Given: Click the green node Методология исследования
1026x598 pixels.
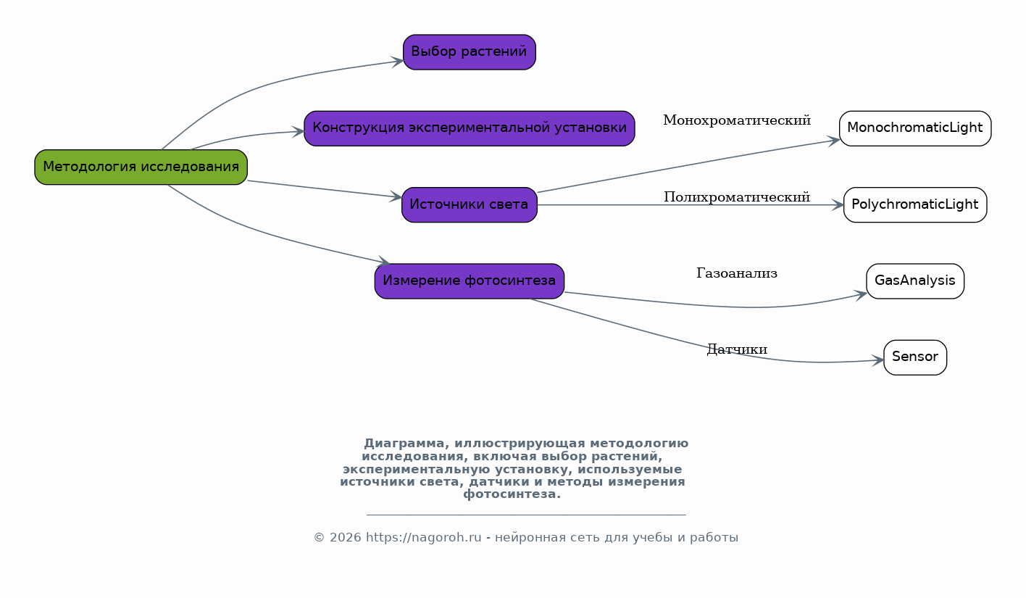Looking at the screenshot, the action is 141,167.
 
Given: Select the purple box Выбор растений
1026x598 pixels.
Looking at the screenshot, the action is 470,52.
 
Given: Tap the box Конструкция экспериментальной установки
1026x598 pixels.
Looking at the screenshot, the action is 470,128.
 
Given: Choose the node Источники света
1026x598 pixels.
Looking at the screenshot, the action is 470,205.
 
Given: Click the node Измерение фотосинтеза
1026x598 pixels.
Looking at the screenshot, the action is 470,281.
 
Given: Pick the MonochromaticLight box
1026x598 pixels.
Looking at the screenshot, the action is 915,128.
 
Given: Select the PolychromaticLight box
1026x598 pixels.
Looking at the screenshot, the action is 915,205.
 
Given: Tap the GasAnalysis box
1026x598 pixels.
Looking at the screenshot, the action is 915,281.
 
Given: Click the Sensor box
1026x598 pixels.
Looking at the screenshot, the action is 915,357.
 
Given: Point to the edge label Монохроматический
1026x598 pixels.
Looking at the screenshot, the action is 737,120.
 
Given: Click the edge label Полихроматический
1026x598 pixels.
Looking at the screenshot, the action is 737,197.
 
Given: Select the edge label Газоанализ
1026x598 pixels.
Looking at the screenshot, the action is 737,273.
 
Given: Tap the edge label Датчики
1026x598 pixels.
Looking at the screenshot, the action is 737,349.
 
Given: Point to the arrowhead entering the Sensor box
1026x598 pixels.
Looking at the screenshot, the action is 878,360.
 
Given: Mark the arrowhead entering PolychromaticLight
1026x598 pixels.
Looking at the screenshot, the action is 838,205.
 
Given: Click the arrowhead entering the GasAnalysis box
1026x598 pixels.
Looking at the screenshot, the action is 861,295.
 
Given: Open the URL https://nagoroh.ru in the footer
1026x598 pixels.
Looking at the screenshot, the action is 424,538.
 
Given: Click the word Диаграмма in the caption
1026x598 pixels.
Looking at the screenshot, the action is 404,444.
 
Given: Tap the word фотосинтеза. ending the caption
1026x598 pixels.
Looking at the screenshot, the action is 512,494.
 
